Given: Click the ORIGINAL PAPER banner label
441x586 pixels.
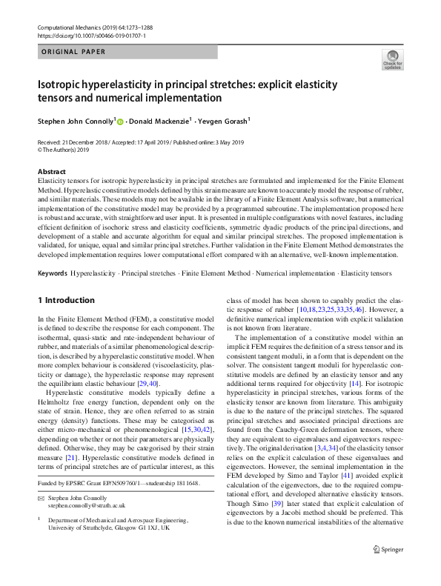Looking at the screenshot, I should tap(71, 52).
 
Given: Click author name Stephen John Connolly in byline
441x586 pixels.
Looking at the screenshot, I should tap(75, 120).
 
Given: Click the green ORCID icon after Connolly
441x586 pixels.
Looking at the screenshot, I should tap(120, 121).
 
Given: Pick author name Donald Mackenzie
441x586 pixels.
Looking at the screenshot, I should tap(161, 120).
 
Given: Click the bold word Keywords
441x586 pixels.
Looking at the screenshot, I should tap(53, 273).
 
